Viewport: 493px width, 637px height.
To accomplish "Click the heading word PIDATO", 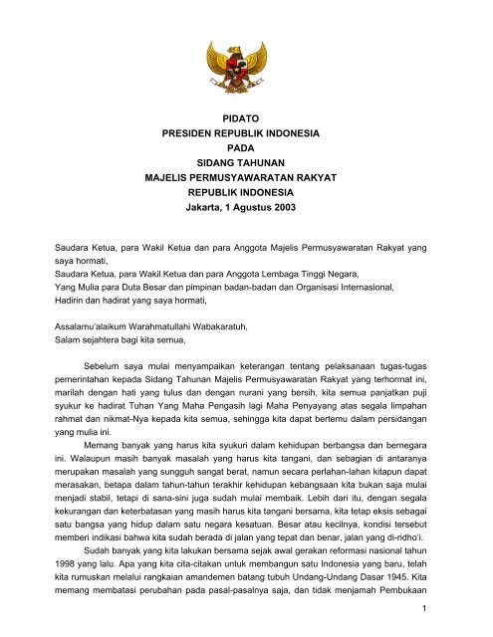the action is point(246,116).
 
